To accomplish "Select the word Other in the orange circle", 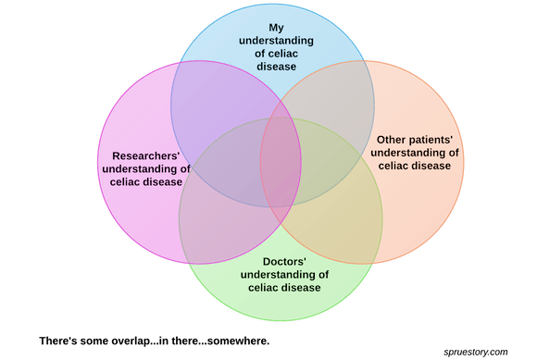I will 391,140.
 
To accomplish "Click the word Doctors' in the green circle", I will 284,262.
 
